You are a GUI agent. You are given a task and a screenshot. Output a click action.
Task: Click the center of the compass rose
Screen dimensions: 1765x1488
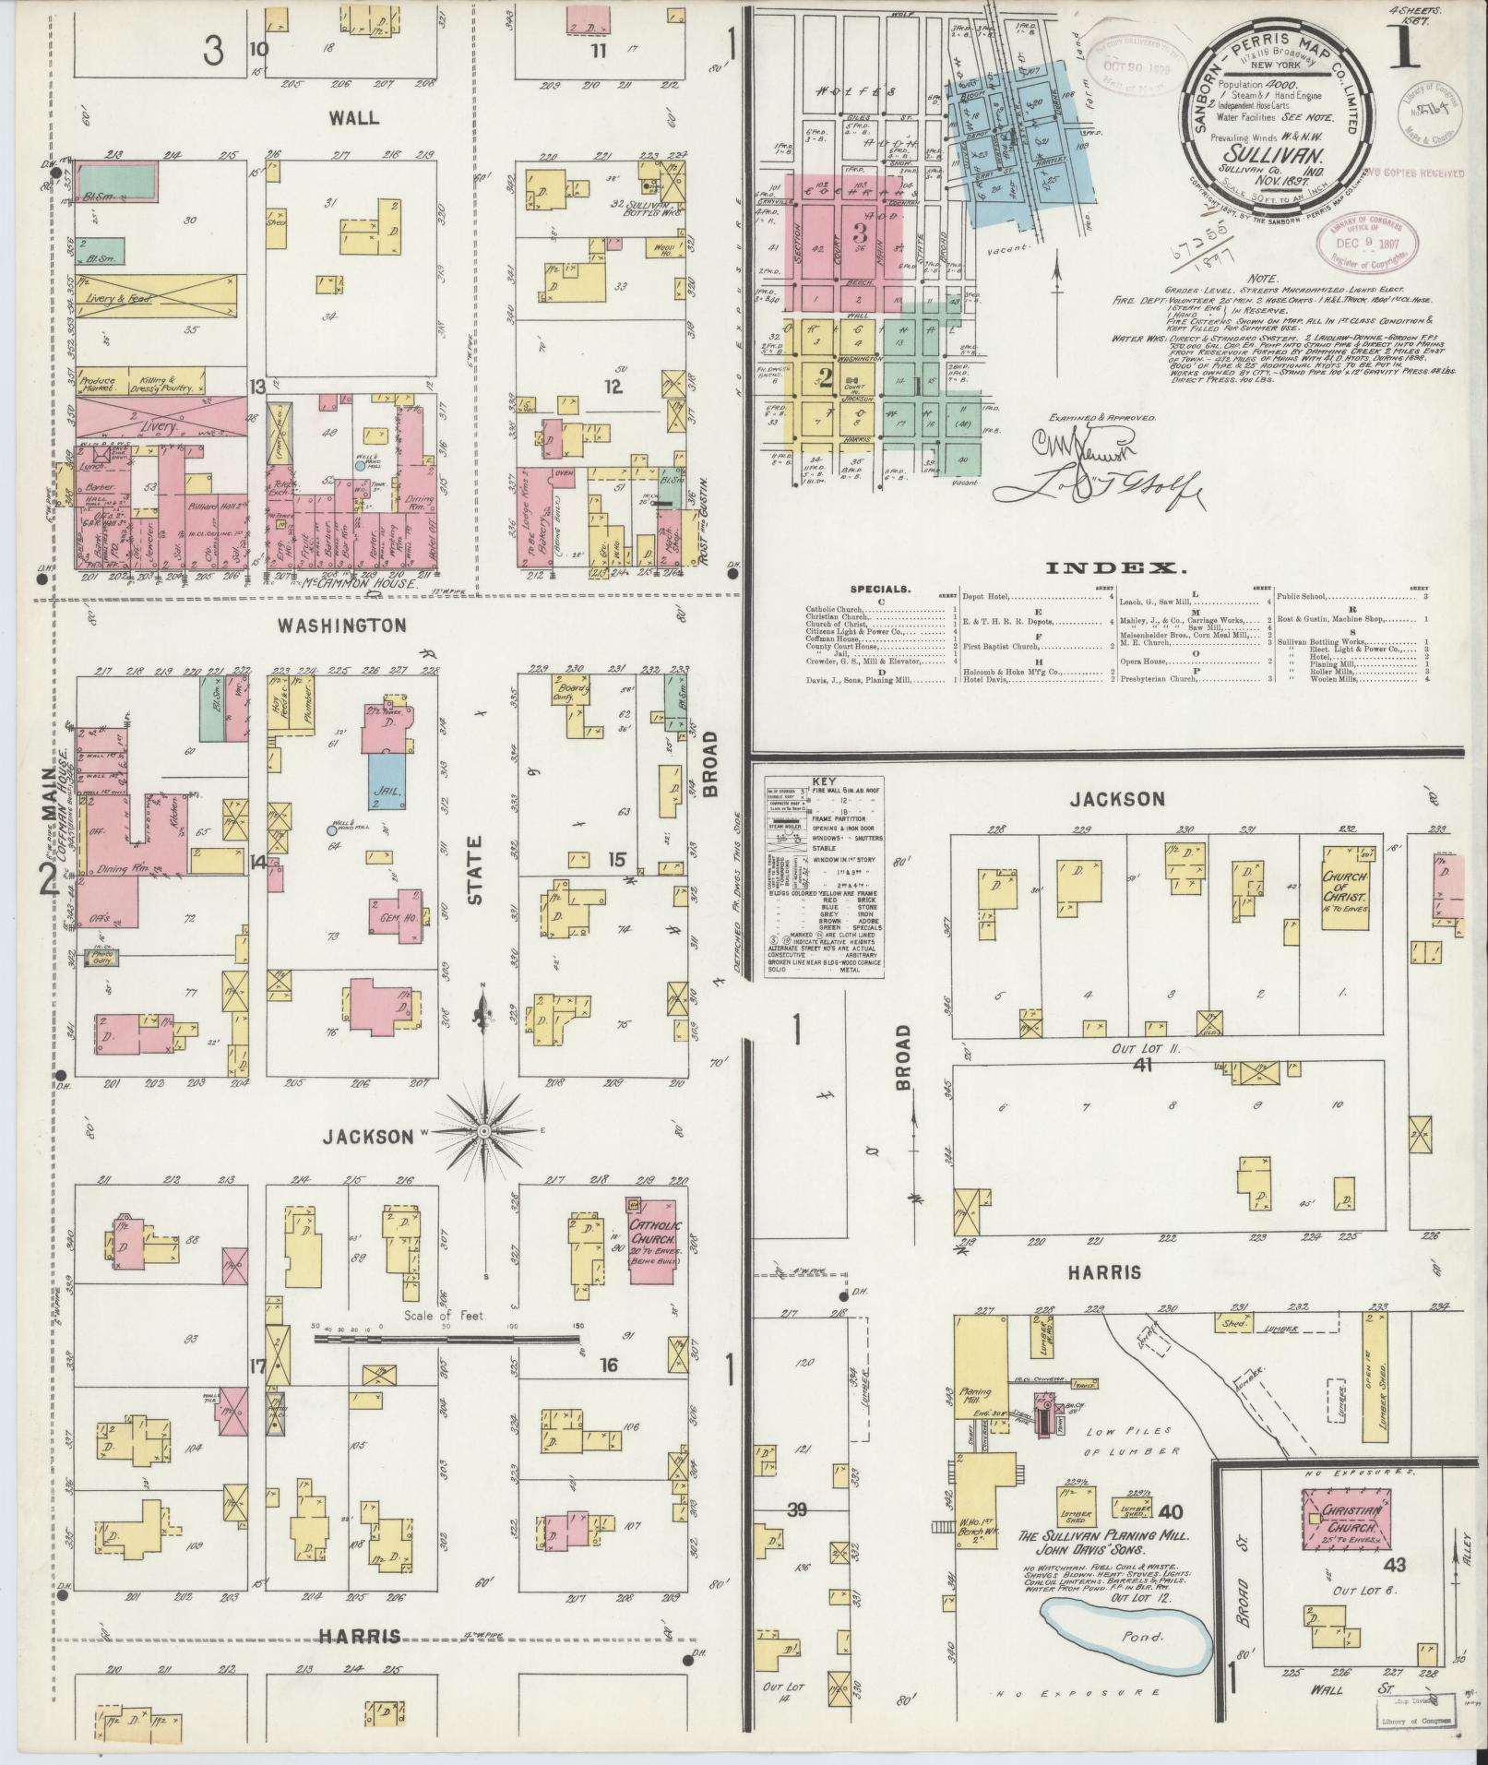[x=483, y=1130]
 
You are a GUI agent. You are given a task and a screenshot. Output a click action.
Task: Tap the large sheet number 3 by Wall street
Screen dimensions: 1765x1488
[x=213, y=53]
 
